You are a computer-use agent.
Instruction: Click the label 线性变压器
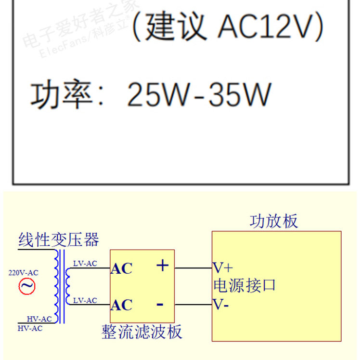coord(59,240)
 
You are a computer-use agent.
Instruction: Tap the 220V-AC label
coord(24,273)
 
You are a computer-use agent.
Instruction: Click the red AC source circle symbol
coord(27,286)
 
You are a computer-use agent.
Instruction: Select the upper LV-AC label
coord(85,263)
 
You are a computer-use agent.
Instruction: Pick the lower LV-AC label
coord(85,300)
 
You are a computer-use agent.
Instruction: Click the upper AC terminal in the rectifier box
coord(121,268)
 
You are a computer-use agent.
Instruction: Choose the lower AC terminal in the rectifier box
coord(121,305)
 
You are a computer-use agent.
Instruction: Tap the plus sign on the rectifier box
coord(163,266)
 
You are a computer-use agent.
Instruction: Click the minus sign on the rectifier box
coord(160,304)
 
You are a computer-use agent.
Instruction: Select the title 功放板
coord(273,221)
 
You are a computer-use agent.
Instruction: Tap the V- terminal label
coord(221,304)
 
